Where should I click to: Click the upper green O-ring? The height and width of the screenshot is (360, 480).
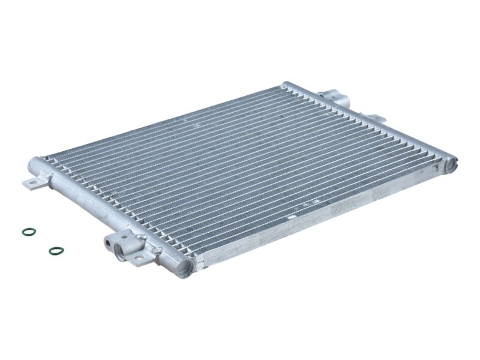pos(28,231)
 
